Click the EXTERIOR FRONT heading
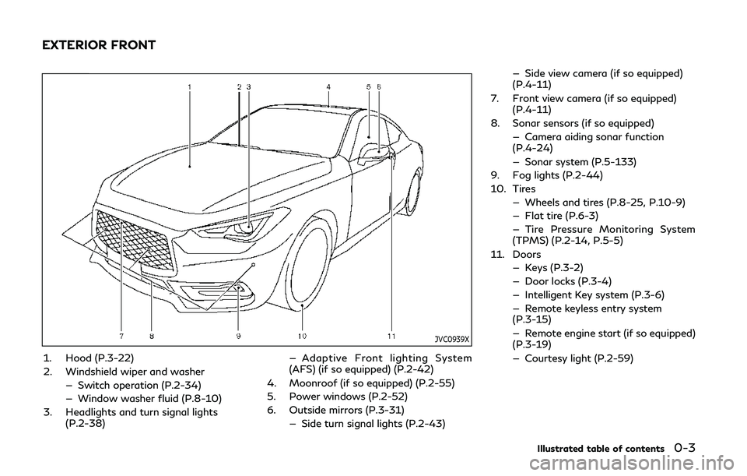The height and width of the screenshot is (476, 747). tap(99, 45)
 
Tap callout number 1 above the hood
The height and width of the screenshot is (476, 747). tap(190, 87)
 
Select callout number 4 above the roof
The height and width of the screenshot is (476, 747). tap(328, 87)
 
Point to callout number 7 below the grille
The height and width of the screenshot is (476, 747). tap(122, 337)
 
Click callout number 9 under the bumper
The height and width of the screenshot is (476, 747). tap(238, 337)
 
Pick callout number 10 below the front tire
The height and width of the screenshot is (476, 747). tap(302, 337)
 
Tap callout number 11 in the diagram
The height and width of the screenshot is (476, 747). tap(391, 337)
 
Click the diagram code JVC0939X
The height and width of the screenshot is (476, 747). tap(452, 339)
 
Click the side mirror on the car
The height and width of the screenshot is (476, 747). tap(375, 152)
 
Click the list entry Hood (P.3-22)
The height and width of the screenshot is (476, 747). tap(99, 358)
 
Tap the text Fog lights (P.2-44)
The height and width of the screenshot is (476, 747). tap(557, 175)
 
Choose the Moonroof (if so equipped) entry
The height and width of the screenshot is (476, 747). tap(372, 383)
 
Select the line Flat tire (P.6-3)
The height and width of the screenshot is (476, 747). tap(561, 216)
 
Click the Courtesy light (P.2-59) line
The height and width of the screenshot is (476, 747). tap(579, 358)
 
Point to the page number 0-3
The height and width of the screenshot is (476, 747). tap(685, 448)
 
